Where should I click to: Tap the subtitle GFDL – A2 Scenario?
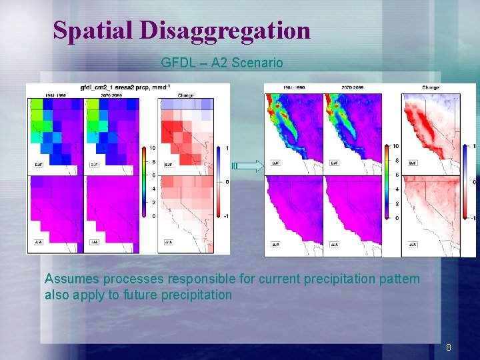pyautogui.click(x=221, y=63)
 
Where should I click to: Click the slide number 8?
pyautogui.click(x=449, y=347)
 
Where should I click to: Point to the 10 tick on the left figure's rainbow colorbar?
pyautogui.click(x=152, y=147)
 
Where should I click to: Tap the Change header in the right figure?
pyautogui.click(x=431, y=87)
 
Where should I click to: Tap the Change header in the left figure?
pyautogui.click(x=185, y=95)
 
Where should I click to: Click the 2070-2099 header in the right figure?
pyautogui.click(x=353, y=87)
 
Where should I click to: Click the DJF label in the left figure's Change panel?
pyautogui.click(x=169, y=164)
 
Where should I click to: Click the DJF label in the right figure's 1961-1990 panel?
pyautogui.click(x=275, y=163)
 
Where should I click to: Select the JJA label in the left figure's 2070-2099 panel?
pyautogui.click(x=95, y=241)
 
